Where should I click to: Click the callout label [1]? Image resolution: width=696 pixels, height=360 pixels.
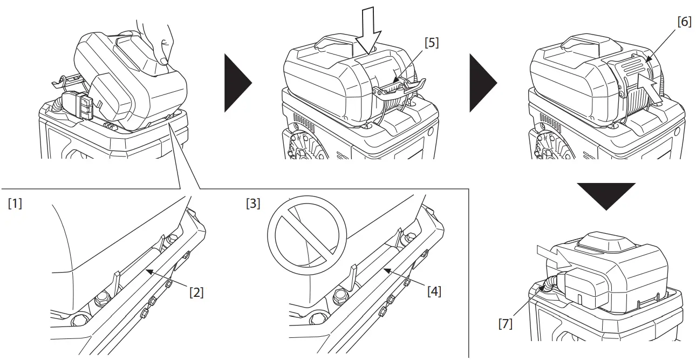[15, 205]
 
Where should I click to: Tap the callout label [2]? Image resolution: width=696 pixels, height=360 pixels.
[196, 292]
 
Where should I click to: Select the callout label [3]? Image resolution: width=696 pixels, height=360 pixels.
[253, 205]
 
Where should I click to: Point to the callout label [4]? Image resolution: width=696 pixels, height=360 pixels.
[434, 291]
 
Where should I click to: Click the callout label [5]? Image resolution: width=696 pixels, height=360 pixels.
[431, 43]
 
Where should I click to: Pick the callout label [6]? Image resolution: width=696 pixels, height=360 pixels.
[684, 22]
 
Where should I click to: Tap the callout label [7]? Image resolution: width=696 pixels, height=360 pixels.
[505, 324]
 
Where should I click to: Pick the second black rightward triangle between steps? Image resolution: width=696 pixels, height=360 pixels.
[481, 83]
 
